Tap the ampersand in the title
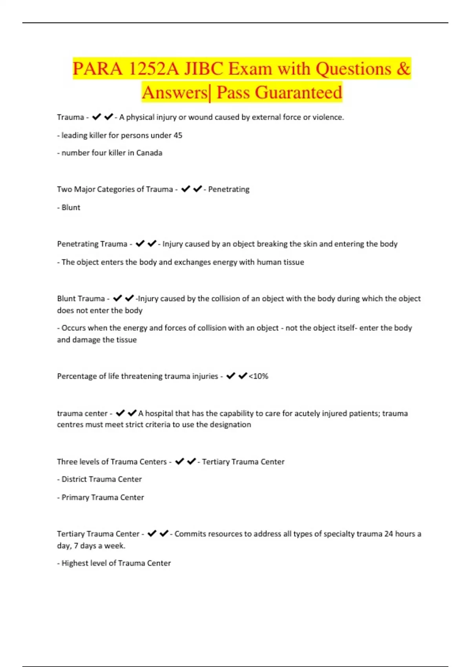tap(403, 69)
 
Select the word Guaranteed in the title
tap(298, 93)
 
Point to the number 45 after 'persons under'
tap(178, 135)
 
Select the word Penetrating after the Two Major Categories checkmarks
tap(228, 189)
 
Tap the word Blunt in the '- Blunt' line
tap(71, 208)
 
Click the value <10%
tap(259, 376)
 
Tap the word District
tap(75, 479)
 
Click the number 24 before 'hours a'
tap(389, 534)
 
